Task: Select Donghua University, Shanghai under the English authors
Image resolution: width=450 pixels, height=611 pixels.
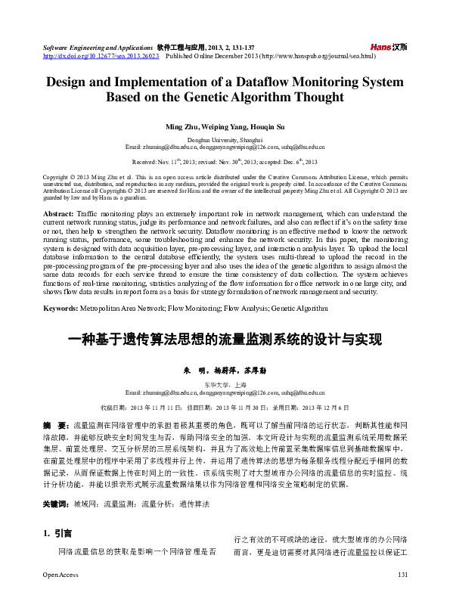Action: pos(225,141)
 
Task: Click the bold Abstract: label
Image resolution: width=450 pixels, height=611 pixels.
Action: pos(59,194)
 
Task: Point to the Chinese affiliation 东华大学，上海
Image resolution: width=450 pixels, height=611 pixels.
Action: pos(225,384)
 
